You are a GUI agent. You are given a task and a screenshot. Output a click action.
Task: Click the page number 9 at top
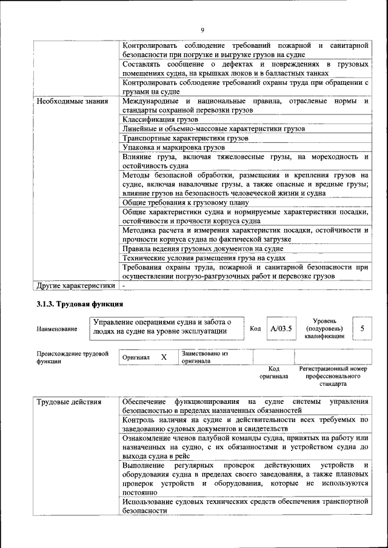coord(202,30)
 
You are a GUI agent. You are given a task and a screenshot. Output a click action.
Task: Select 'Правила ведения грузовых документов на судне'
coord(202,248)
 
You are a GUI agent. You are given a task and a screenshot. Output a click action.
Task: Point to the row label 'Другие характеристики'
coord(75,285)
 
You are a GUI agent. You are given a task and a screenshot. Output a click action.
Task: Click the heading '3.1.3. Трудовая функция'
coord(79,304)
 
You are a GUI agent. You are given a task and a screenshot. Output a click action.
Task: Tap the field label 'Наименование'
coord(57,329)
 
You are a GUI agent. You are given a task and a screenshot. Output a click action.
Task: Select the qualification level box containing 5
coord(362,328)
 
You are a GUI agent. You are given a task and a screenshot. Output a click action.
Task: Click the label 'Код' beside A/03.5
coord(255,328)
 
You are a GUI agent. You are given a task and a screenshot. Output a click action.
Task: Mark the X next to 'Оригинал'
coord(164,357)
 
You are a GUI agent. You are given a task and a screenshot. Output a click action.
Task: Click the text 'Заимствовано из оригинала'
coord(204,357)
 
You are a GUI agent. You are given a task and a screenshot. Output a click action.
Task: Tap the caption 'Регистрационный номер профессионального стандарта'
coord(333,375)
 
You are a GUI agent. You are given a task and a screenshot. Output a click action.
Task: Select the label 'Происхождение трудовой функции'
coord(72,357)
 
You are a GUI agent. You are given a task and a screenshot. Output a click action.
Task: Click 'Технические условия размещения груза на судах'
coord(204,258)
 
